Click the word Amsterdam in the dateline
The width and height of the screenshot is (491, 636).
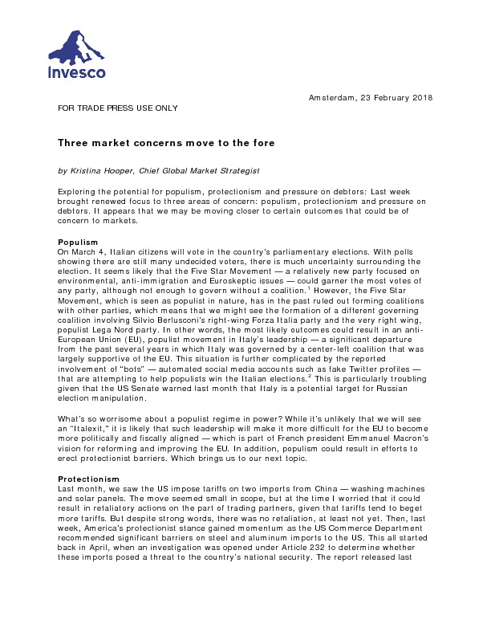tap(334, 98)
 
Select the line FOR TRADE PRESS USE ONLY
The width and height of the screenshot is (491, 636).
tap(117, 107)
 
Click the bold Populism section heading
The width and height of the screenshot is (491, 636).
tap(78, 242)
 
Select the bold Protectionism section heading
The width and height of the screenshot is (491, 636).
tap(88, 478)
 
